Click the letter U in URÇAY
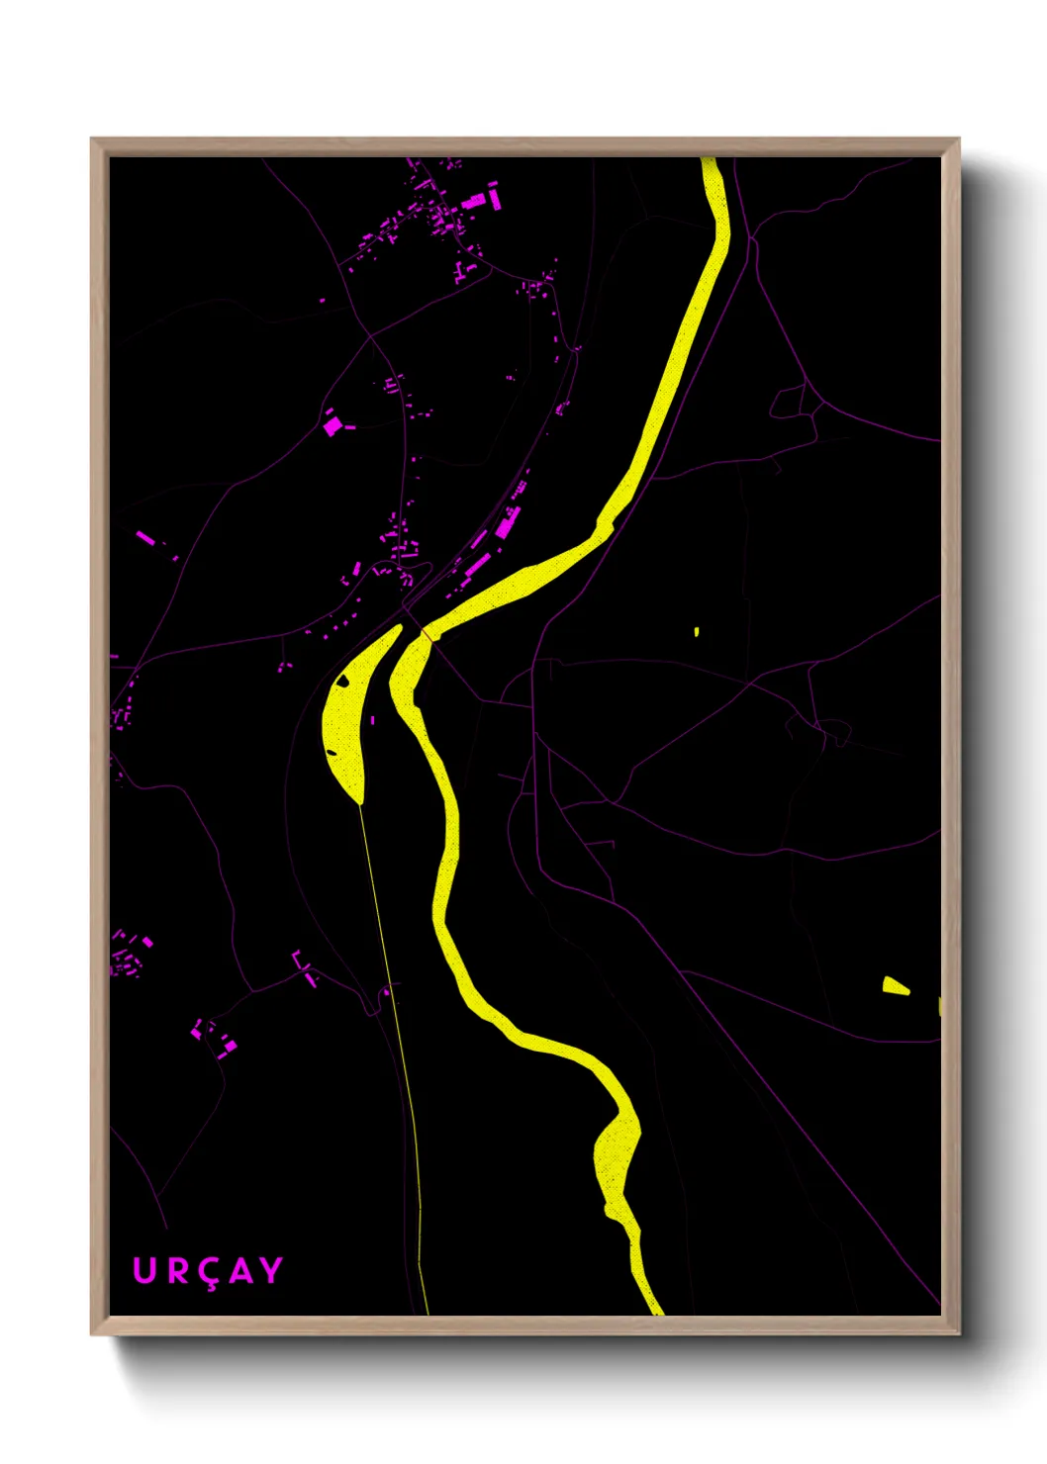144,1270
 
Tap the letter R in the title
177,1270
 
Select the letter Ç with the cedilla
209,1273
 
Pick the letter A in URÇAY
239,1270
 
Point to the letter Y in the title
270,1270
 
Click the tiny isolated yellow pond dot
697,631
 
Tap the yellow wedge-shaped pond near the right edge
895,985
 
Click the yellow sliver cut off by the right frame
939,1006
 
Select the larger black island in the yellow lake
342,680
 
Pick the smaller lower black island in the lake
332,753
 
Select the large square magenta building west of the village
333,425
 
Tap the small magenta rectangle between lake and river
373,720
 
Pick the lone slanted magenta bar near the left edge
144,537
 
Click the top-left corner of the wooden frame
93,140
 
